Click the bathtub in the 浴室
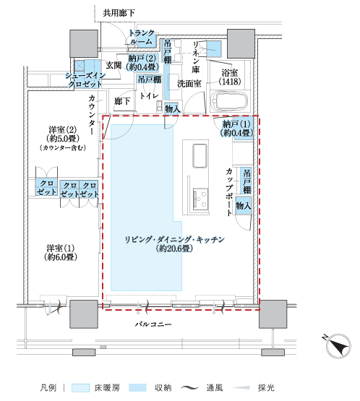(x=229, y=100)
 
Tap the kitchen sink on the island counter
(x=200, y=155)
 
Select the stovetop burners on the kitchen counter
(x=200, y=199)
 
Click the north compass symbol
(x=338, y=345)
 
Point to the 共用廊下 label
(x=119, y=13)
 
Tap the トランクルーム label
(x=142, y=37)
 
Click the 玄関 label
(x=113, y=65)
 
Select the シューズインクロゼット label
(x=85, y=79)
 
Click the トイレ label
(x=149, y=95)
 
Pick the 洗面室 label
(x=189, y=83)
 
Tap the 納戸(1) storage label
(x=236, y=129)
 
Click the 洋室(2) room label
(x=63, y=138)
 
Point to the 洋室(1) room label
(x=61, y=252)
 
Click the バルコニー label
(x=153, y=324)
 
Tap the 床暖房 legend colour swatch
(x=80, y=388)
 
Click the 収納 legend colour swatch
(x=137, y=388)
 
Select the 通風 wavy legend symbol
(x=189, y=388)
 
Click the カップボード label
(x=229, y=192)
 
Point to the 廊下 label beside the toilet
(x=122, y=101)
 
